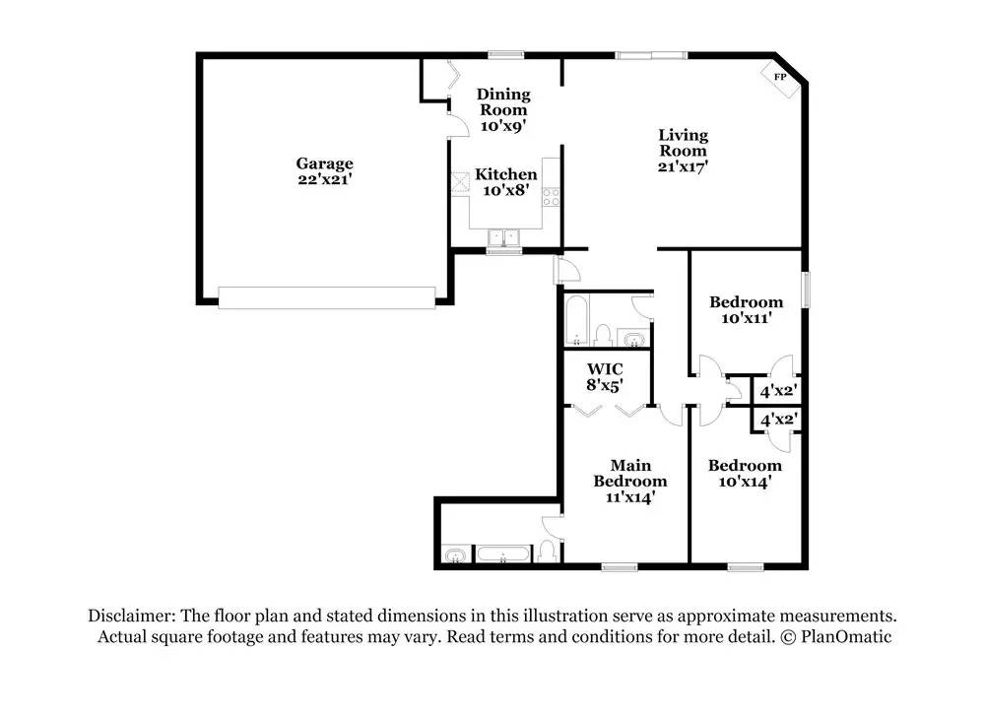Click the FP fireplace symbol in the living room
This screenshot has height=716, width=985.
pyautogui.click(x=781, y=78)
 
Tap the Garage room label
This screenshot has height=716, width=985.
pyautogui.click(x=324, y=163)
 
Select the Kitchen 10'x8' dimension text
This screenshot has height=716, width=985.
pyautogui.click(x=505, y=190)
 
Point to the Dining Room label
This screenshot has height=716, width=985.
pyautogui.click(x=503, y=101)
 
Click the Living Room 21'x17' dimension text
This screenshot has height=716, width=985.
pyautogui.click(x=683, y=167)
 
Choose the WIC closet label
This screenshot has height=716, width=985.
pyautogui.click(x=605, y=368)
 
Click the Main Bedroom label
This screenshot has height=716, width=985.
pyautogui.click(x=630, y=473)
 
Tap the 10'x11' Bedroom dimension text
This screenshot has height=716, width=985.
pyautogui.click(x=747, y=318)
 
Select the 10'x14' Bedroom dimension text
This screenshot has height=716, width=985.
pyautogui.click(x=745, y=482)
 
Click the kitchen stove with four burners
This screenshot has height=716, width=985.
pyautogui.click(x=551, y=197)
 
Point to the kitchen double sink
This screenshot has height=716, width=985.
pyautogui.click(x=503, y=237)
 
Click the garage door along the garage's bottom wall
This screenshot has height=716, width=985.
pyautogui.click(x=327, y=297)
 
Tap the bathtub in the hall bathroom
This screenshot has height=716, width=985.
pyautogui.click(x=576, y=321)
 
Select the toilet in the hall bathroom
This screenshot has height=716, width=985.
pyautogui.click(x=604, y=335)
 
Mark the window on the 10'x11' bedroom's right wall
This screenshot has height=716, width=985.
pyautogui.click(x=806, y=290)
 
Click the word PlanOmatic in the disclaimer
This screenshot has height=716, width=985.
pyautogui.click(x=845, y=637)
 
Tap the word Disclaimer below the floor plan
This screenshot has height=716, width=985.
pyautogui.click(x=131, y=616)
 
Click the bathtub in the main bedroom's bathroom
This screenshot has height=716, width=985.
pyautogui.click(x=502, y=553)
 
